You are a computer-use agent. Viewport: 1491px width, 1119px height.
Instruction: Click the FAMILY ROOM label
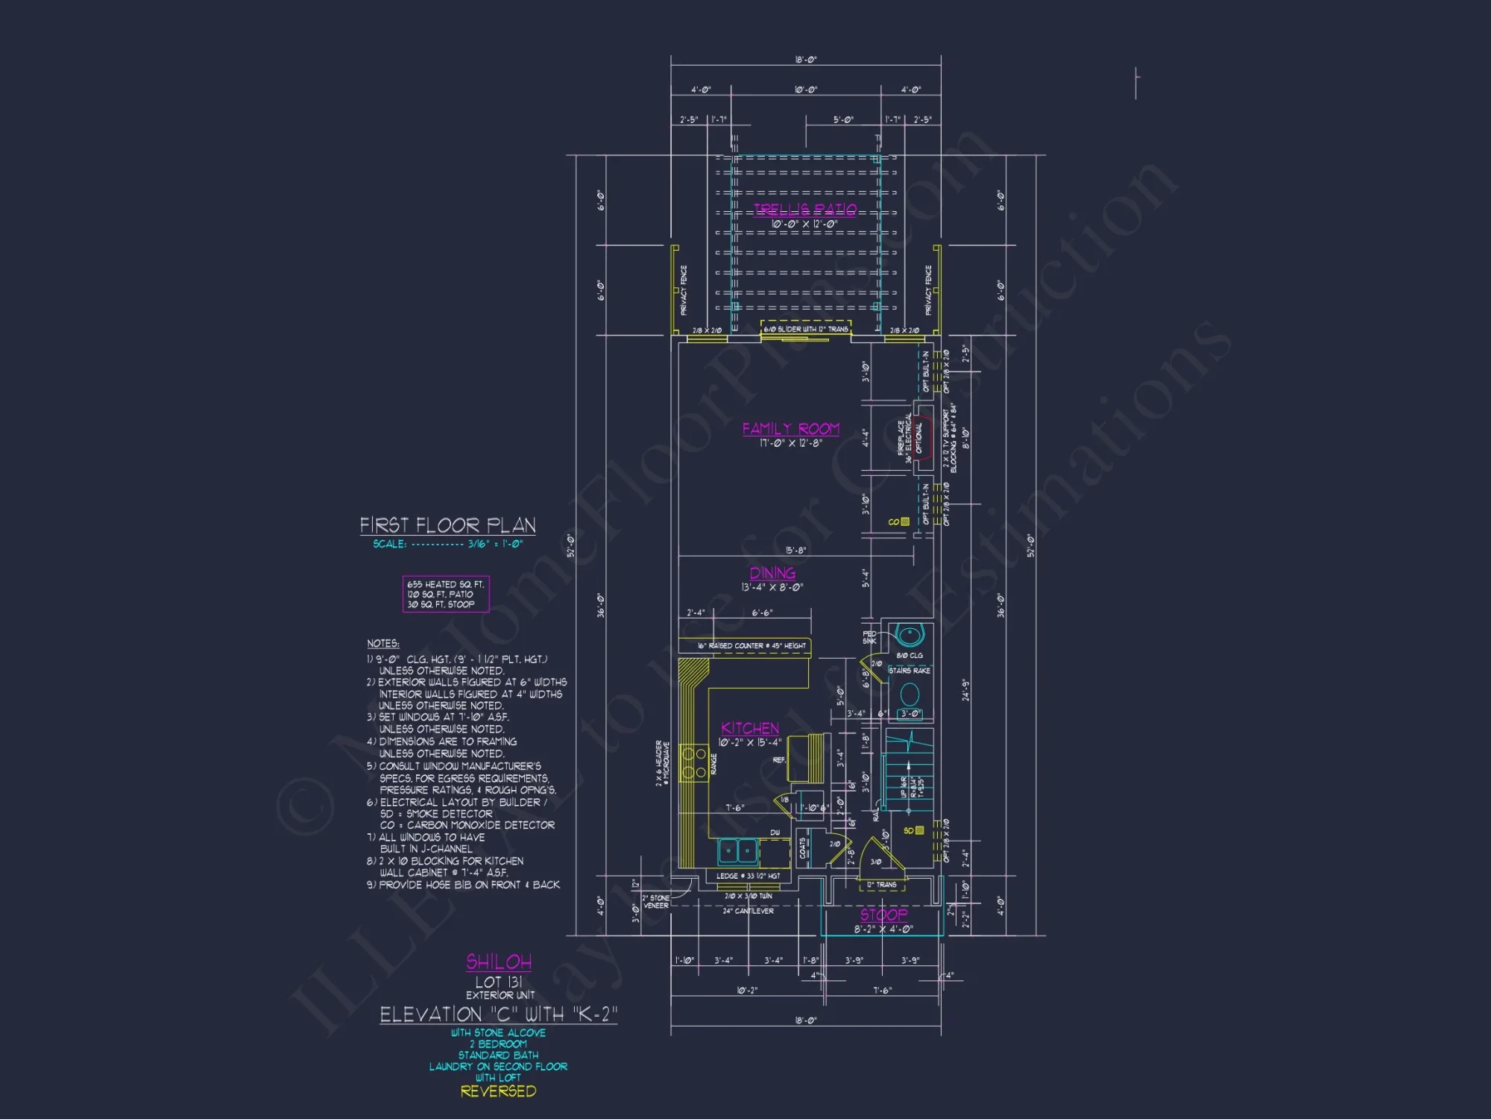(x=790, y=429)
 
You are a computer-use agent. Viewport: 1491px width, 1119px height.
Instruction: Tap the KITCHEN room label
(x=750, y=728)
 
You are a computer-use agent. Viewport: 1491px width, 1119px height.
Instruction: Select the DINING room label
(x=772, y=573)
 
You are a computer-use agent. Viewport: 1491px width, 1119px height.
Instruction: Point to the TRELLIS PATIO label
(x=805, y=210)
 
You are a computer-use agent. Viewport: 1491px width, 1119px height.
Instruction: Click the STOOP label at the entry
(x=884, y=915)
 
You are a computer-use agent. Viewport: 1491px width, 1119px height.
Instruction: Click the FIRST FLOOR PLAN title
(x=447, y=525)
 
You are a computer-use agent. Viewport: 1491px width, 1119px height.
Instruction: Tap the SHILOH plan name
(x=499, y=962)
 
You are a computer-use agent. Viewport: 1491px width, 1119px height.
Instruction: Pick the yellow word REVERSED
(x=498, y=1091)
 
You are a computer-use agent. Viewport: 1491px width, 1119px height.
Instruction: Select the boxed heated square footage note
(x=446, y=595)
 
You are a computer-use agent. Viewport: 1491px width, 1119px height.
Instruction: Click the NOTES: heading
(x=382, y=644)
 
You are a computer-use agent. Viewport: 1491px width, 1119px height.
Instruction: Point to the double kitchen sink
(x=738, y=850)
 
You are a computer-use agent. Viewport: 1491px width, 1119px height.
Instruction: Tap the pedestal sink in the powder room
(x=910, y=636)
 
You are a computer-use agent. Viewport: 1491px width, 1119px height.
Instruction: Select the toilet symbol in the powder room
(x=910, y=695)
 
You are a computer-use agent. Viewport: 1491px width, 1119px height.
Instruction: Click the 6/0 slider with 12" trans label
(x=806, y=329)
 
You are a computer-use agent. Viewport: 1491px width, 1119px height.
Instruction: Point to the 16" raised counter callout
(x=751, y=646)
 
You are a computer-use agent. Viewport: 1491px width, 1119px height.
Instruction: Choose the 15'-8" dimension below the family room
(x=795, y=551)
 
